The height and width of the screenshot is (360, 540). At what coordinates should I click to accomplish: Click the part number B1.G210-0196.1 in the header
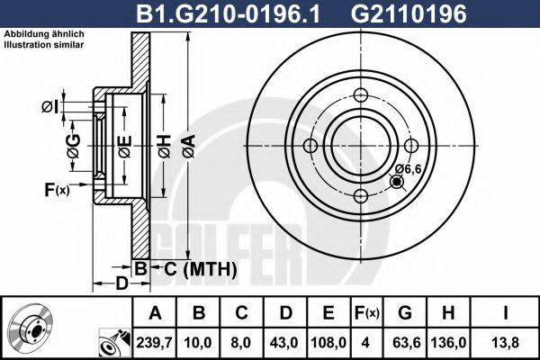pos(228,14)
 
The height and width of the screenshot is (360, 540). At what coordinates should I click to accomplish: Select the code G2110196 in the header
pos(409,14)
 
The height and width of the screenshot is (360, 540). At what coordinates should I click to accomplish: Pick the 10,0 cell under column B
pos(198,343)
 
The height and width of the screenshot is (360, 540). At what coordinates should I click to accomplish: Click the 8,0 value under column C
pos(241,343)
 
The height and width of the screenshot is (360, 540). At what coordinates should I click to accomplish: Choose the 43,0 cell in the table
pos(284,343)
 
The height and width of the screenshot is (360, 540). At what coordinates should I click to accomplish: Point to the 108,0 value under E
pos(328,343)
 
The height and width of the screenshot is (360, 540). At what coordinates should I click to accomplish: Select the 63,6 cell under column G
pos(405,343)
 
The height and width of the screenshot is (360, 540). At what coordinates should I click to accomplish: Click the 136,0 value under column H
pos(448,343)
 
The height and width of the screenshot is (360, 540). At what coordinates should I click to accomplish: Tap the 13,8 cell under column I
pos(505,343)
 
